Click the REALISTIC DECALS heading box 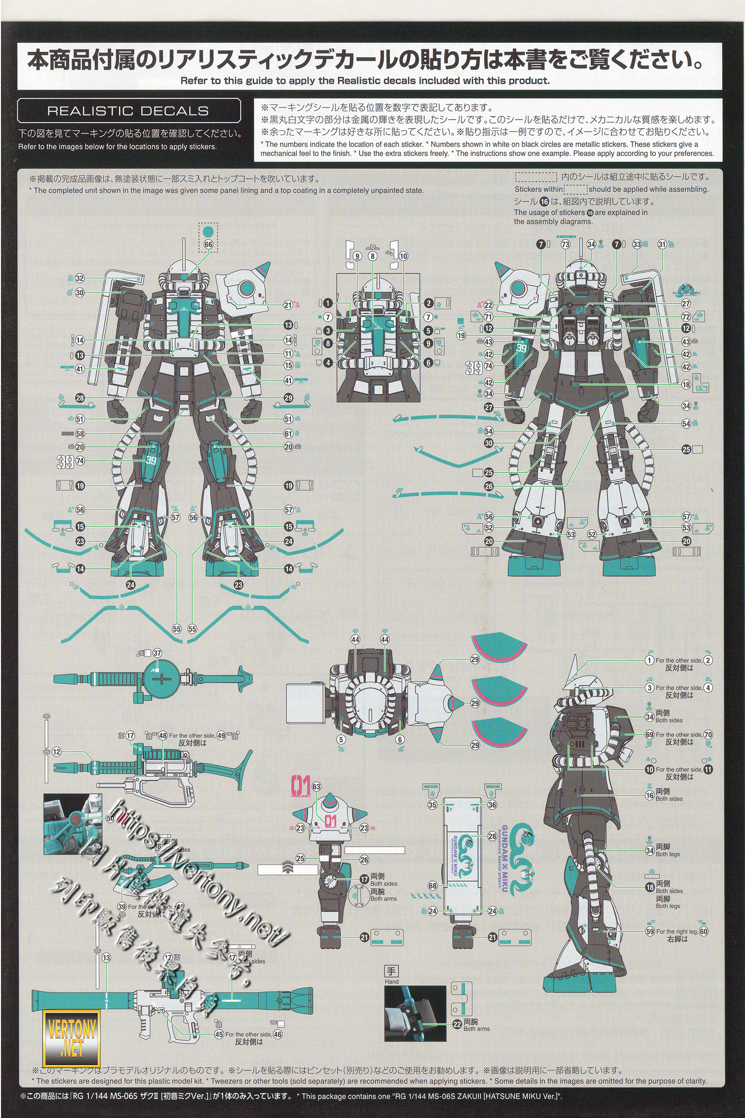(129, 111)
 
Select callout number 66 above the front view (208, 244)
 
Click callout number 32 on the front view (80, 279)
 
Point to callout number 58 (80, 434)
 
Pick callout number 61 (288, 434)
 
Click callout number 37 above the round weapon (157, 653)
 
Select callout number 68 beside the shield (433, 886)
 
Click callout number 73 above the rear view (565, 244)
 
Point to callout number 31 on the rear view (662, 244)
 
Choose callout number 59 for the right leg (650, 931)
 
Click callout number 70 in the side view (708, 735)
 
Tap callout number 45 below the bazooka (219, 1034)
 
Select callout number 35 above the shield (433, 805)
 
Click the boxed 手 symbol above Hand (391, 971)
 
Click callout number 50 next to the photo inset (110, 818)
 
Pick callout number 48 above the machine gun (163, 736)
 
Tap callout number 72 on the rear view (686, 317)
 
